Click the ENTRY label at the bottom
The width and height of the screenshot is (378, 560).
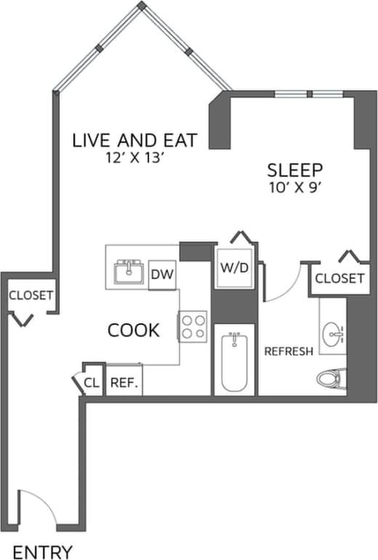click(43, 551)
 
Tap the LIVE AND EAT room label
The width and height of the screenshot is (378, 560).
click(134, 140)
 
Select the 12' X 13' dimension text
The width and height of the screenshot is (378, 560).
click(134, 158)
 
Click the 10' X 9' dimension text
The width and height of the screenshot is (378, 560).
click(295, 187)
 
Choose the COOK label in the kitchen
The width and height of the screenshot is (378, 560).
click(133, 331)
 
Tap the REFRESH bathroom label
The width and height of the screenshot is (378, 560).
click(289, 351)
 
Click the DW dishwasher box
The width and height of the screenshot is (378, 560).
click(162, 275)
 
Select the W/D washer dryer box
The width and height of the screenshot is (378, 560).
click(234, 267)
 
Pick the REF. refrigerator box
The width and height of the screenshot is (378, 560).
click(124, 382)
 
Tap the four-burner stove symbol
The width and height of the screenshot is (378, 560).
click(193, 326)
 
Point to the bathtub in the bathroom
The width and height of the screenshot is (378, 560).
click(235, 362)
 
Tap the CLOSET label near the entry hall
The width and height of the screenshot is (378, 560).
click(31, 295)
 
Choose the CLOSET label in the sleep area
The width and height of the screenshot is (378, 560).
click(339, 278)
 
